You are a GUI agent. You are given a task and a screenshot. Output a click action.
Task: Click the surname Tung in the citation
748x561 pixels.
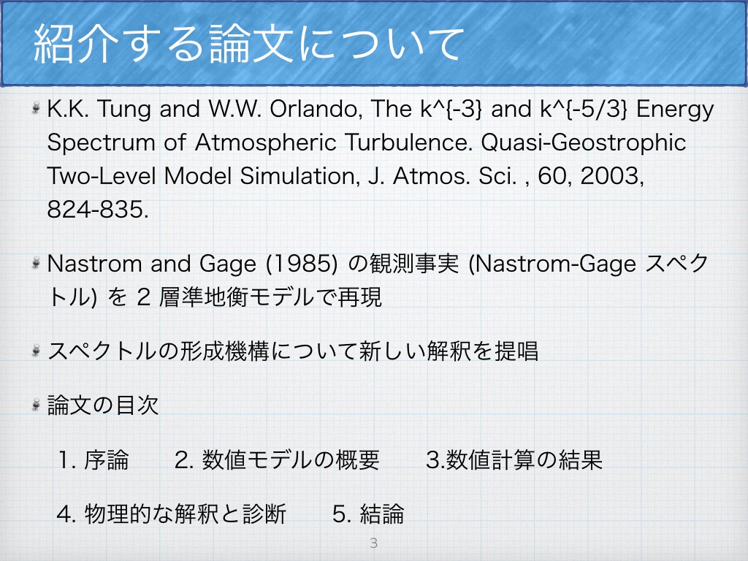(125, 110)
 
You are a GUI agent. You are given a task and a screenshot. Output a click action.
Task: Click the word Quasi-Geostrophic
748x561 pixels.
(584, 143)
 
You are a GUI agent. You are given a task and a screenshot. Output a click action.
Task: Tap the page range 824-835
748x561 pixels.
(98, 209)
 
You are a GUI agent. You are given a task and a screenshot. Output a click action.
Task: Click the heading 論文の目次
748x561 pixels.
(102, 405)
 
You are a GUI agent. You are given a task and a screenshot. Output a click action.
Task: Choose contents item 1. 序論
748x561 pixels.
(93, 460)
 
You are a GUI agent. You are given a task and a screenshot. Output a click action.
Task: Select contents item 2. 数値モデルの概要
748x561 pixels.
(277, 460)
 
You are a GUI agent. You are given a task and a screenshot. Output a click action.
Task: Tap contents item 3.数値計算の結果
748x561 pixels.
(514, 460)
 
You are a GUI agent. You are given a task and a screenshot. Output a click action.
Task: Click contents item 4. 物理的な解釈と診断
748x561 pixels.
(172, 514)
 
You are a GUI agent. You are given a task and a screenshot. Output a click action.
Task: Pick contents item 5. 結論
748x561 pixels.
(368, 514)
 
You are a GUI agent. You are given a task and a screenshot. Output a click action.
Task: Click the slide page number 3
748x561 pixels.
(373, 543)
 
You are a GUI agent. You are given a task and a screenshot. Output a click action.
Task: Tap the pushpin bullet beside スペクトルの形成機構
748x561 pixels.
(36, 351)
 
